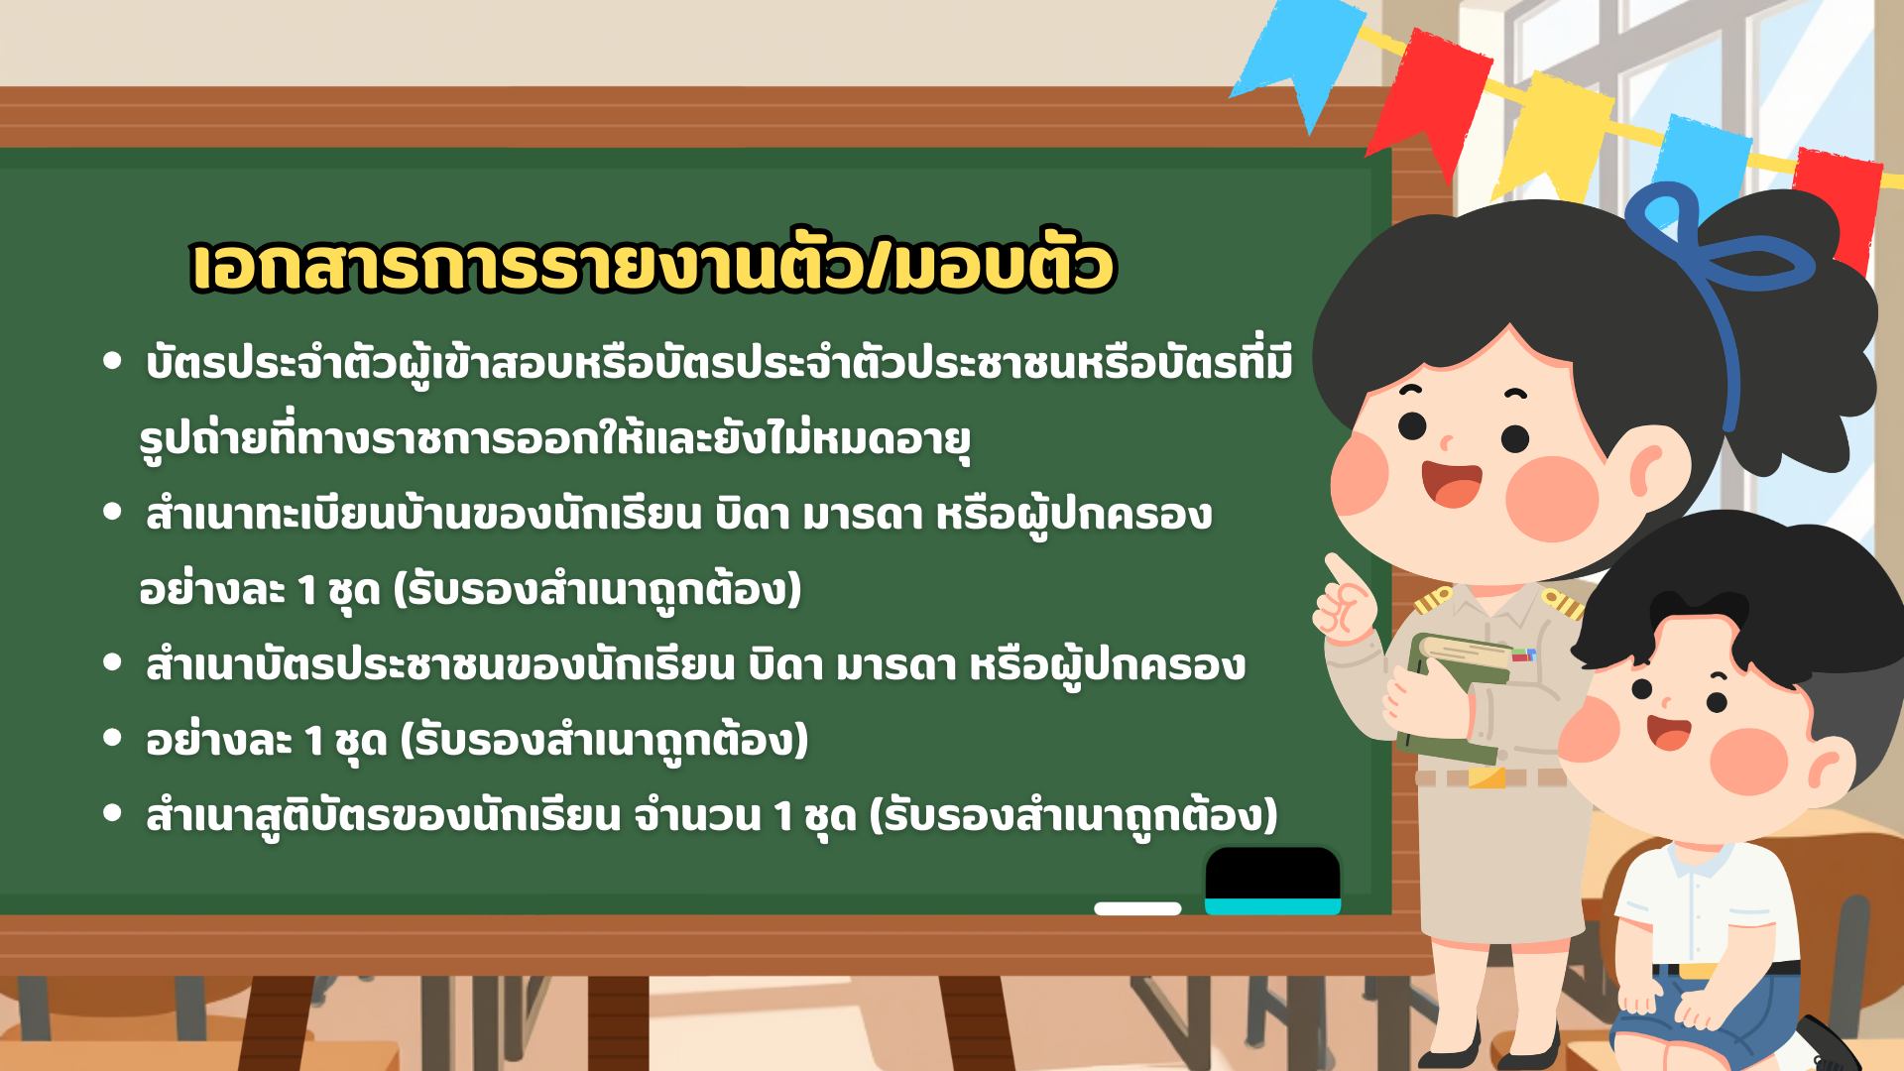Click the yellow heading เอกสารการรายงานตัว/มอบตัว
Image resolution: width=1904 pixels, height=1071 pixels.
653,266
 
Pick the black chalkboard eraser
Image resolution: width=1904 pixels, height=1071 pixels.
1272,881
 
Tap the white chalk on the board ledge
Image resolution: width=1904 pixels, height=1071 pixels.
1137,908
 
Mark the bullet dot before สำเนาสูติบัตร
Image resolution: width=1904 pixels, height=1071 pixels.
112,814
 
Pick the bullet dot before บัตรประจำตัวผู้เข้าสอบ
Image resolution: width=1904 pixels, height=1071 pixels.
112,364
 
